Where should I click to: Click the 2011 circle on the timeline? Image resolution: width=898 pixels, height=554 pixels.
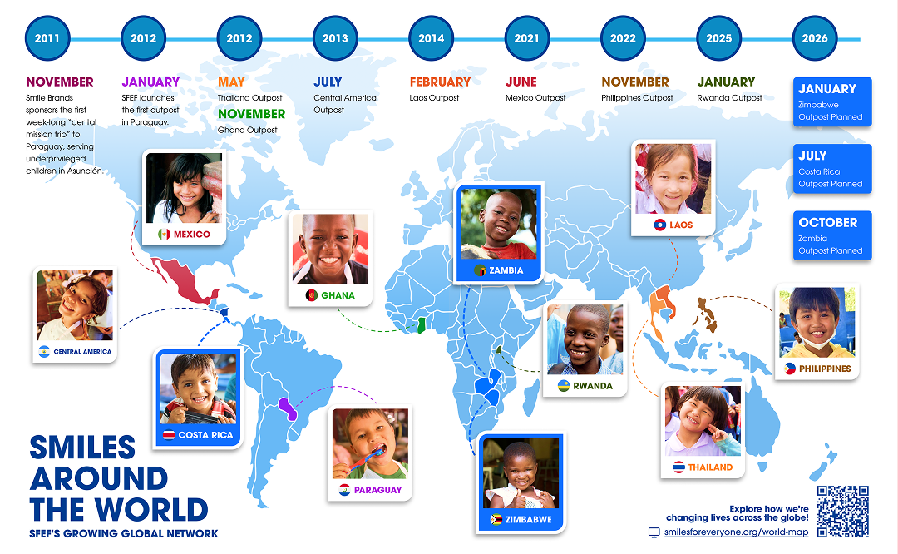(x=47, y=38)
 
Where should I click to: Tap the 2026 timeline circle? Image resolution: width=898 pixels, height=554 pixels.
(x=814, y=38)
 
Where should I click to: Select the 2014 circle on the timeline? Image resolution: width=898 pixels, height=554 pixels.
(x=431, y=38)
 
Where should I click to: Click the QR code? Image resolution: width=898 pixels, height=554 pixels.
(x=842, y=511)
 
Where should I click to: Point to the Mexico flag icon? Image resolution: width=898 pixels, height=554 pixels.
(x=164, y=234)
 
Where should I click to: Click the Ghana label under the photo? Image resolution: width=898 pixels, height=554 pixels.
(x=338, y=295)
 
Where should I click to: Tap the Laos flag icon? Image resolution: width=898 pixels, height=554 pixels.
(x=659, y=225)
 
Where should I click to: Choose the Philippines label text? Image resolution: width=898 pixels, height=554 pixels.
(x=825, y=369)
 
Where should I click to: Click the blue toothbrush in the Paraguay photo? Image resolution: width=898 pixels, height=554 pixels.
(x=367, y=459)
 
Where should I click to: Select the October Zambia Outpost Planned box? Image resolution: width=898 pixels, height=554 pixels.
(x=832, y=235)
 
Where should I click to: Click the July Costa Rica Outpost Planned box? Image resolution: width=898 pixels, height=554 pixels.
(x=832, y=169)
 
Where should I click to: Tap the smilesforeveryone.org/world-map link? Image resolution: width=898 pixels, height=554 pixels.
(x=736, y=532)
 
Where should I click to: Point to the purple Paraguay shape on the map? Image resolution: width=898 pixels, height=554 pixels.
(x=287, y=409)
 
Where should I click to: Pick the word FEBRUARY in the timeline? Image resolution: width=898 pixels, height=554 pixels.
(x=440, y=82)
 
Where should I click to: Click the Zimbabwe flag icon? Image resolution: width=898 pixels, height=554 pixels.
(x=496, y=520)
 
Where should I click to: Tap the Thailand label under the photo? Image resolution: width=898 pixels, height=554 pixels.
(x=710, y=467)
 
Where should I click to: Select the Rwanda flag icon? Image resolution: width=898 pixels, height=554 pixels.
(x=564, y=386)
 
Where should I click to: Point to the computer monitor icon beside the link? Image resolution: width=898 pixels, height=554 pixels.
(x=654, y=532)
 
